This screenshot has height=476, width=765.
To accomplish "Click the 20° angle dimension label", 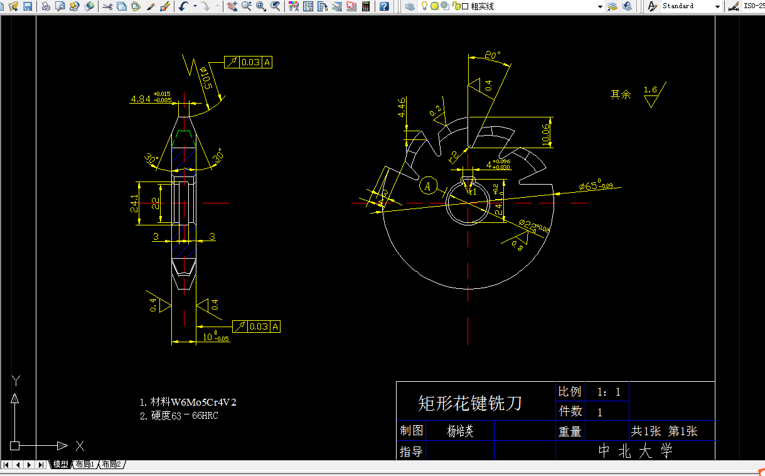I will pos(493,56).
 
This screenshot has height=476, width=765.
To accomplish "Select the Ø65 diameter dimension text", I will pos(595,185).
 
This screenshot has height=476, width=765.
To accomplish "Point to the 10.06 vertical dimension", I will pos(544,133).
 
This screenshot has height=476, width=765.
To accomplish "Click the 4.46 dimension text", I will pos(402,108).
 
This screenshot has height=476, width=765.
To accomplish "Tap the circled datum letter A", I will pos(428,186).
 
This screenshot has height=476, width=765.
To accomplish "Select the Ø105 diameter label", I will pos(205,78).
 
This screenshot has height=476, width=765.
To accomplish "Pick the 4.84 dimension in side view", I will pos(141,99).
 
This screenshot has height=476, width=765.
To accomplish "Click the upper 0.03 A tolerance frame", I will pos(249,62).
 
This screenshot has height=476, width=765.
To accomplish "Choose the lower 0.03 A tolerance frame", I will pos(256,327).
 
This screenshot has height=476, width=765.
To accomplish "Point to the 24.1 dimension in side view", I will pos(134,202).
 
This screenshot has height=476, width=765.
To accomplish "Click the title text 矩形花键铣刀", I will pos(469,403).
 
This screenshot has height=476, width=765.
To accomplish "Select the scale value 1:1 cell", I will pos(607,392).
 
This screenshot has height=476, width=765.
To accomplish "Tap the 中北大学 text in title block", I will pos(634,450).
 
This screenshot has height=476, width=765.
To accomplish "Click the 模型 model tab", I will pos(61,465).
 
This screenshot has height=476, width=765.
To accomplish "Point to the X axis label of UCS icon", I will pos(80,446).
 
